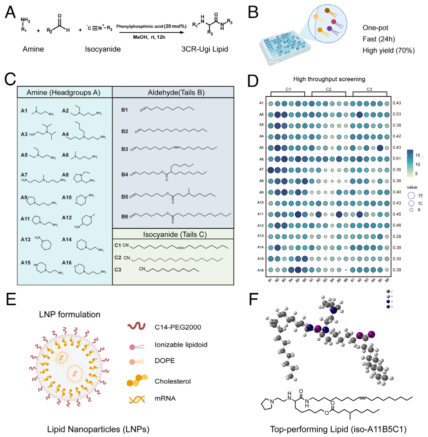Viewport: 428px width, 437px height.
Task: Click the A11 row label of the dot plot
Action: tap(261, 213)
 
